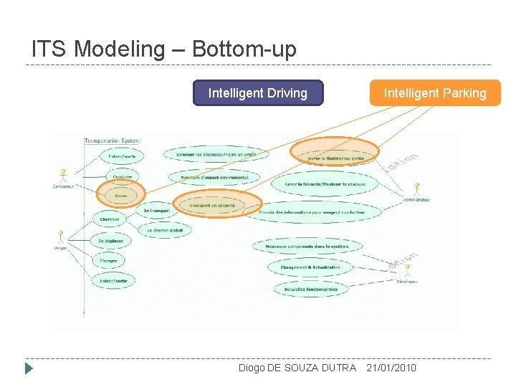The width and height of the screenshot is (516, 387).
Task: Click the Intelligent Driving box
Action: coord(258,93)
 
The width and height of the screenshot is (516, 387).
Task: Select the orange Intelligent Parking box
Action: coord(434,93)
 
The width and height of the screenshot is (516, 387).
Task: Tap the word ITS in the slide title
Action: coord(49,49)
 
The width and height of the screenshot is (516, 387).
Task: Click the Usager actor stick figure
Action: coord(61,236)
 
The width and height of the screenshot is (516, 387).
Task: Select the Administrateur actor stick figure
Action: coord(416,190)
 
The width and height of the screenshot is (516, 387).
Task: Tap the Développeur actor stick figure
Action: coord(407,272)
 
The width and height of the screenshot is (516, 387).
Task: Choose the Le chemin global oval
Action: coord(166,230)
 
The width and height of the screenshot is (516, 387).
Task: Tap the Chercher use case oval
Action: coord(110,219)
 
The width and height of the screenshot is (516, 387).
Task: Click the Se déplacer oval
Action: coord(111,241)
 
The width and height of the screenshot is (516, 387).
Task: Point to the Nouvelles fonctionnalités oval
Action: coord(311,290)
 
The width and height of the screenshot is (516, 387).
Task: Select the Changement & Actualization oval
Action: coord(310,267)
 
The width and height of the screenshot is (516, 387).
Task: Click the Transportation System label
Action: coord(113,140)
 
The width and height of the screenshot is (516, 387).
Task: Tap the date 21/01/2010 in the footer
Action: coord(391,368)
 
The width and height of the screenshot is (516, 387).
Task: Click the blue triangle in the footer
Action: coord(29,368)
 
